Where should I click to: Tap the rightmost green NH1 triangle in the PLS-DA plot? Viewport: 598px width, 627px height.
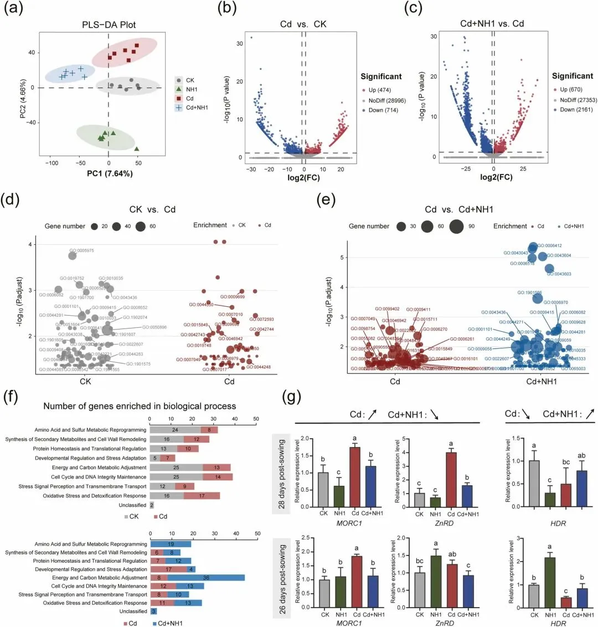136,148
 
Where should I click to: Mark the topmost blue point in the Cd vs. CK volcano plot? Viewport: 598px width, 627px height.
251,38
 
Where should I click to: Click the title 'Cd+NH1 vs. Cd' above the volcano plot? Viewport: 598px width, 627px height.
492,23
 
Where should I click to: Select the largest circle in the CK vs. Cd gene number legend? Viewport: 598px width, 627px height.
138,226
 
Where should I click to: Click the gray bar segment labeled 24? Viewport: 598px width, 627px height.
176,430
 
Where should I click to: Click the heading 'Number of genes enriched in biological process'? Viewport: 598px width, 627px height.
140,406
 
